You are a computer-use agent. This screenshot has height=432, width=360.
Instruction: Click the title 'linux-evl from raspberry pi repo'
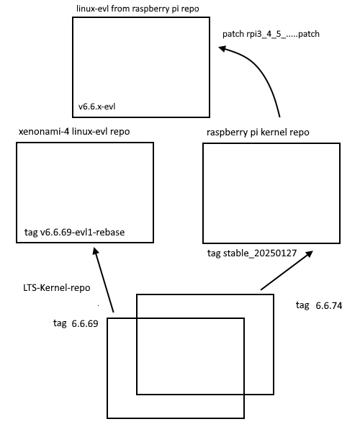(x=138, y=9)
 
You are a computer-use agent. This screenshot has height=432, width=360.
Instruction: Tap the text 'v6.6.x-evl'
(x=96, y=107)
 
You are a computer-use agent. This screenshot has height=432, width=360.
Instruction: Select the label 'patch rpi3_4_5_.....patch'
(x=271, y=34)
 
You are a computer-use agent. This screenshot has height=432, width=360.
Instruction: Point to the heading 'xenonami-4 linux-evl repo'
(x=74, y=132)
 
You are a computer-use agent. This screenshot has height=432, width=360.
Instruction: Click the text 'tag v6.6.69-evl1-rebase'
(x=74, y=233)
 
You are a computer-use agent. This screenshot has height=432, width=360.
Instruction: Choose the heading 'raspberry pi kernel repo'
(x=258, y=132)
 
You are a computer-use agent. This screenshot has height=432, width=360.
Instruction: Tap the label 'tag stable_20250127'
(x=252, y=253)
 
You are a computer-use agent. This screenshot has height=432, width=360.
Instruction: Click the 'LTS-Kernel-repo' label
(x=57, y=288)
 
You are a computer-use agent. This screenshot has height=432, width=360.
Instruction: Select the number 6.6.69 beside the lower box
(x=85, y=323)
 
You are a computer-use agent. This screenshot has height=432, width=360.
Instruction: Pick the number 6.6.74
(x=329, y=306)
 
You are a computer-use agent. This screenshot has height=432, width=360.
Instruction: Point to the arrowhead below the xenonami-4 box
(x=95, y=251)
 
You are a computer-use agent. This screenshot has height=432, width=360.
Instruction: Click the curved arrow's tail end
(x=279, y=117)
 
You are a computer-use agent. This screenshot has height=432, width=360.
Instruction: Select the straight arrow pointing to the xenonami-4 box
(x=104, y=279)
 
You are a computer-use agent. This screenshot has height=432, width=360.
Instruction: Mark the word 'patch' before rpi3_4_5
(x=233, y=34)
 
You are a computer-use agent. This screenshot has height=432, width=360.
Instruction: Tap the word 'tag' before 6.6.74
(x=302, y=305)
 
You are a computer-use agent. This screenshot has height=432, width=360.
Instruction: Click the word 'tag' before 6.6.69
(x=60, y=323)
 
